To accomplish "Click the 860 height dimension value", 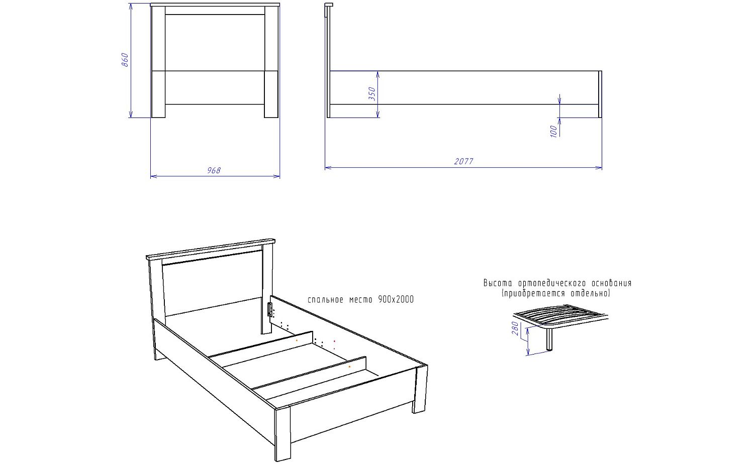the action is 125,60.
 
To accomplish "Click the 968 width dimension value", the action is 214,170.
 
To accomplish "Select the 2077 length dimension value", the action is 463,161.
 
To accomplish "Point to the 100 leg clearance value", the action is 553,131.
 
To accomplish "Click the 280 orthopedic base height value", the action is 515,328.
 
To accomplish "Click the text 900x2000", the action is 396,299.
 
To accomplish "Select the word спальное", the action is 326,300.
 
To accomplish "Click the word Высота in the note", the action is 498,283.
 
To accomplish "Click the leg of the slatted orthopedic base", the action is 549,339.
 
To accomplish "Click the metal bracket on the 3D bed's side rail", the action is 269,309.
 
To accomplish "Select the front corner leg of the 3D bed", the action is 282,434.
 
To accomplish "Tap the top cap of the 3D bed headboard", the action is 211,249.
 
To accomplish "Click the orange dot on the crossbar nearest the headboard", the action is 297,340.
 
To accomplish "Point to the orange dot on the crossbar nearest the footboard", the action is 349,367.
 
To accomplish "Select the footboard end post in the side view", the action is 600,94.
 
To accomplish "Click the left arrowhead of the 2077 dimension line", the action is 328,167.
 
